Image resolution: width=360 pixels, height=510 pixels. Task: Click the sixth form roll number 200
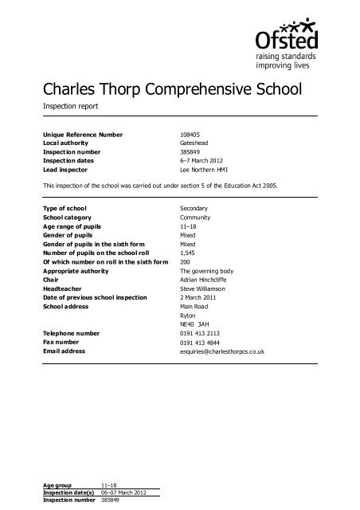pyautogui.click(x=187, y=271)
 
